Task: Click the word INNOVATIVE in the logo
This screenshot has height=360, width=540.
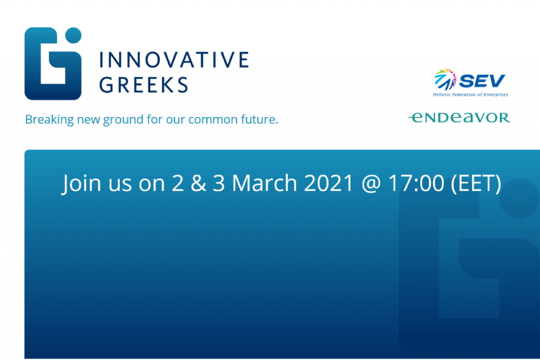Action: (174, 60)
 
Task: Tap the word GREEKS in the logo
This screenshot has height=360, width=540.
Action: (143, 85)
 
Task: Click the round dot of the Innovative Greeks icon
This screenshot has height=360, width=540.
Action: (73, 35)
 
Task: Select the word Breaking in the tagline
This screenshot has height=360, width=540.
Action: (50, 120)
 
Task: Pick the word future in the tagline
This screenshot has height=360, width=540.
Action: (259, 119)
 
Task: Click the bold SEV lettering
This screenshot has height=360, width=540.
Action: (482, 81)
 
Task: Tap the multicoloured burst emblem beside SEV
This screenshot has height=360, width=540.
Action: (445, 79)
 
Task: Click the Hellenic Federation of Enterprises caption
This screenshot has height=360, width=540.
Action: (470, 95)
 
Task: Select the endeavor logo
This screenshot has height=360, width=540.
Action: (459, 118)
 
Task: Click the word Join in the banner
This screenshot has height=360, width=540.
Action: (82, 183)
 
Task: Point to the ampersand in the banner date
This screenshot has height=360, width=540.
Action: (198, 183)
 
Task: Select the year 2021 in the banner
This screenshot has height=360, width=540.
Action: (329, 183)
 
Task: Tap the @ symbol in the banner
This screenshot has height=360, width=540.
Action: (371, 184)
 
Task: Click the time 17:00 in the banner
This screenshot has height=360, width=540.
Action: (417, 183)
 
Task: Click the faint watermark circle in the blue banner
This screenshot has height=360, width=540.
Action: (519, 198)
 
